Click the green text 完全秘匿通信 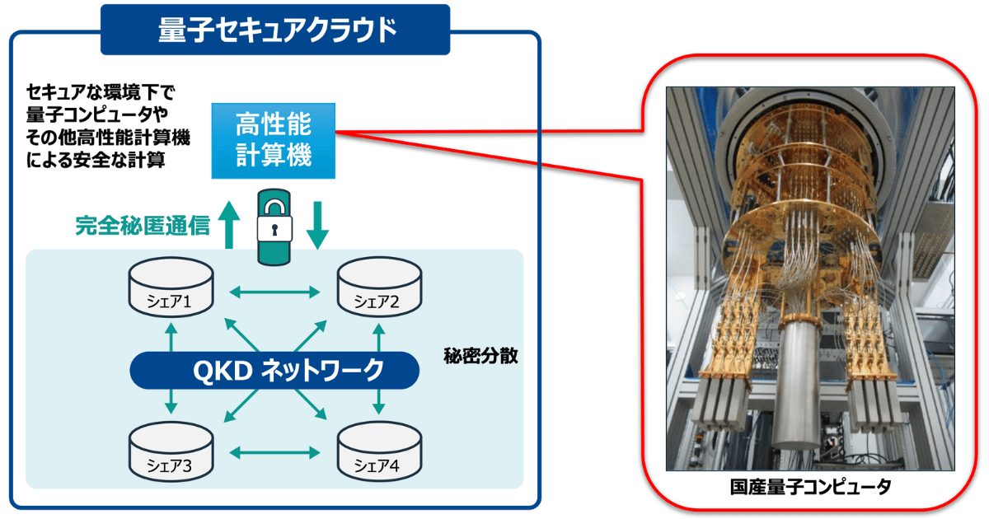[x=142, y=226]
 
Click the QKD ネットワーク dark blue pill [x=274, y=371]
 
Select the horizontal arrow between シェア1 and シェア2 [x=274, y=291]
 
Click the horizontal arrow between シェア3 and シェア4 [x=274, y=452]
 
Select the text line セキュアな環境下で [x=97, y=90]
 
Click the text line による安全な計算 [x=96, y=161]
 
